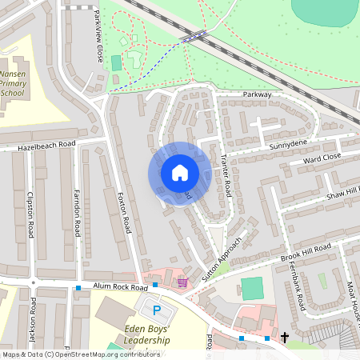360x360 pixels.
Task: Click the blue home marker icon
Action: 180,173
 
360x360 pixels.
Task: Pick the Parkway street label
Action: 258,94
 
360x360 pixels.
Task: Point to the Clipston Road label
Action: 31,215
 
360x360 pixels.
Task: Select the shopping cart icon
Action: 183,282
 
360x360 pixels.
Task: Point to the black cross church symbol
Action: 284,338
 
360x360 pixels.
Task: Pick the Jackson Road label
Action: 33,318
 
